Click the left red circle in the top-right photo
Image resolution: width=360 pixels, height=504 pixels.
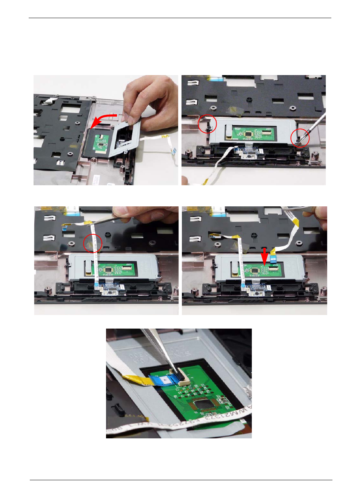coord(208,124)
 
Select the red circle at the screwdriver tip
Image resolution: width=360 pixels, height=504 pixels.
coord(300,138)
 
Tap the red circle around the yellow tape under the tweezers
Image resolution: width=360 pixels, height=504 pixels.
coord(92,243)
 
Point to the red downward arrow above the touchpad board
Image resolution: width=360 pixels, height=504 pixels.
coord(265,256)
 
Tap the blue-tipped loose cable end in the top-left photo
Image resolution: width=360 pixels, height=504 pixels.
coord(174,152)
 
